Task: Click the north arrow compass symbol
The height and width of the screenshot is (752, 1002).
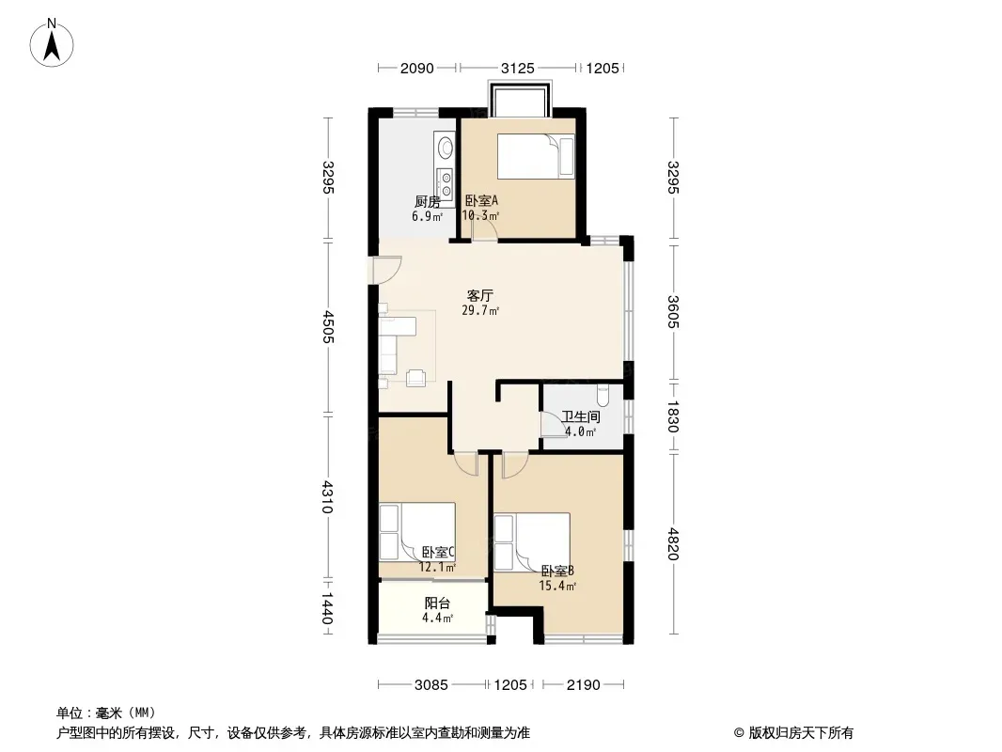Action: (x=52, y=42)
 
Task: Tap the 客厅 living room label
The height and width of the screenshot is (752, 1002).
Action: (x=480, y=296)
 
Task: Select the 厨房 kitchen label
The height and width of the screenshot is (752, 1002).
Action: (x=428, y=202)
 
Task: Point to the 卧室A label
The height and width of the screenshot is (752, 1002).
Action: (x=481, y=200)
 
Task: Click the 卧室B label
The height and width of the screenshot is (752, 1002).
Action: (x=557, y=571)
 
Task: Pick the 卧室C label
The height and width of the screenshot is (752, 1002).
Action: (x=438, y=552)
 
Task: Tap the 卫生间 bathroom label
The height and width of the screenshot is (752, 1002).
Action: (x=581, y=417)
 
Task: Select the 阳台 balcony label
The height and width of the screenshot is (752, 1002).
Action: (x=438, y=603)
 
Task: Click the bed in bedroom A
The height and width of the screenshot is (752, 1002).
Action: (x=536, y=156)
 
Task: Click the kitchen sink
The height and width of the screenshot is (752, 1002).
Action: (x=444, y=148)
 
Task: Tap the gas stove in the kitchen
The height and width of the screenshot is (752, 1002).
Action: (x=444, y=179)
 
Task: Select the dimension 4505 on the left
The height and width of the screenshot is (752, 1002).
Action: (x=328, y=326)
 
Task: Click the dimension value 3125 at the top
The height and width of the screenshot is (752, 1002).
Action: (x=518, y=68)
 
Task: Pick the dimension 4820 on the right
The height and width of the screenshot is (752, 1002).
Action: (x=672, y=543)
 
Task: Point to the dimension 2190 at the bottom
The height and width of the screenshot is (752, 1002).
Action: (x=584, y=685)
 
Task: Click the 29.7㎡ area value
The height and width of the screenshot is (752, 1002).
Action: (x=480, y=311)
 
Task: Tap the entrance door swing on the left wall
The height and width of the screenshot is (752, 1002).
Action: (x=385, y=269)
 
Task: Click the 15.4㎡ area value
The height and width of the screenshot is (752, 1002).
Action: (x=558, y=586)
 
